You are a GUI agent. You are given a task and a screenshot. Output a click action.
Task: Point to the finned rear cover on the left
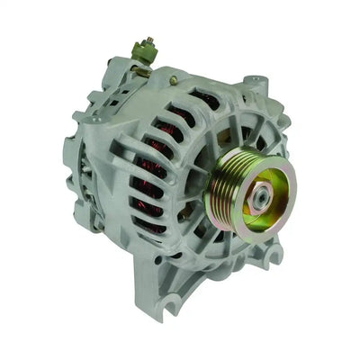[x=85, y=171]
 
